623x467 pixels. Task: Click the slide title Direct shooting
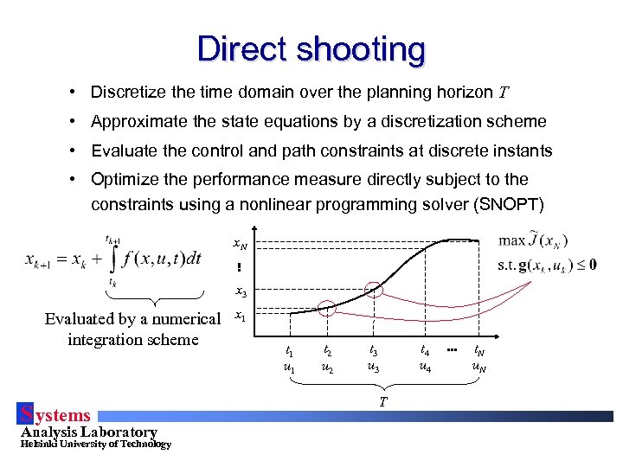tap(311, 48)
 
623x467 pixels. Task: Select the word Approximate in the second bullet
tap(135, 121)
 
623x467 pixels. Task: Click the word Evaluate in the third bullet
tap(124, 150)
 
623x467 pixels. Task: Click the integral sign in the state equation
tap(111, 259)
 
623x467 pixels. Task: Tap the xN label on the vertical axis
tap(241, 246)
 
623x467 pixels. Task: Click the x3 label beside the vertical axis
tap(241, 293)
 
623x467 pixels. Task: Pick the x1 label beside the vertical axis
tap(241, 317)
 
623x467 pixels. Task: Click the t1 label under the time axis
tap(289, 351)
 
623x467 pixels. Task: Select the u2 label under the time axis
tap(327, 367)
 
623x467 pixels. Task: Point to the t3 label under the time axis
tap(374, 351)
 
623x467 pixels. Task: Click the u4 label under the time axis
tap(425, 367)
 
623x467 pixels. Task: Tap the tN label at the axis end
tap(478, 351)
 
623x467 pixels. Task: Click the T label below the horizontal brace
tap(382, 400)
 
